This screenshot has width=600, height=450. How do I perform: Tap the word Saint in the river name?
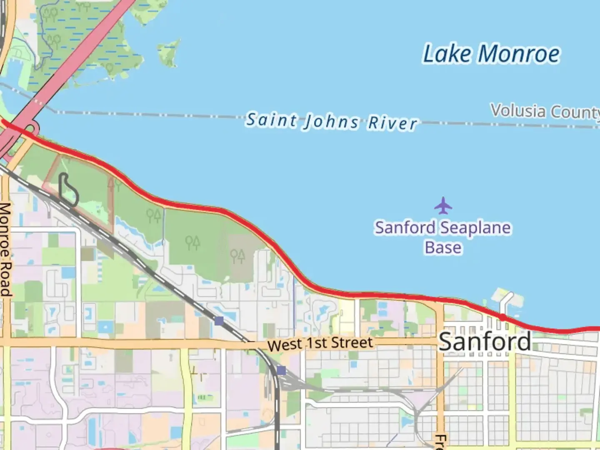click(x=271, y=120)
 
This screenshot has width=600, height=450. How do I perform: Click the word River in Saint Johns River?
click(x=392, y=123)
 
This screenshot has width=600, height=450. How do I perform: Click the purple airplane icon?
click(x=443, y=205)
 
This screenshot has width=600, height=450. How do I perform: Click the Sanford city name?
click(x=485, y=342)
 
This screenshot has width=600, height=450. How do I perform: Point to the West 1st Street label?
click(x=320, y=344)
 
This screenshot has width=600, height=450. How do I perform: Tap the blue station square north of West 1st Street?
click(x=219, y=321)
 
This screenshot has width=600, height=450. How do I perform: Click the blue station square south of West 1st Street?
click(x=281, y=370)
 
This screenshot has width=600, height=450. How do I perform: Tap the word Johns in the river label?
click(x=331, y=122)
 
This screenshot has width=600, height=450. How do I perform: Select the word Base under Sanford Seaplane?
click(x=443, y=247)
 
